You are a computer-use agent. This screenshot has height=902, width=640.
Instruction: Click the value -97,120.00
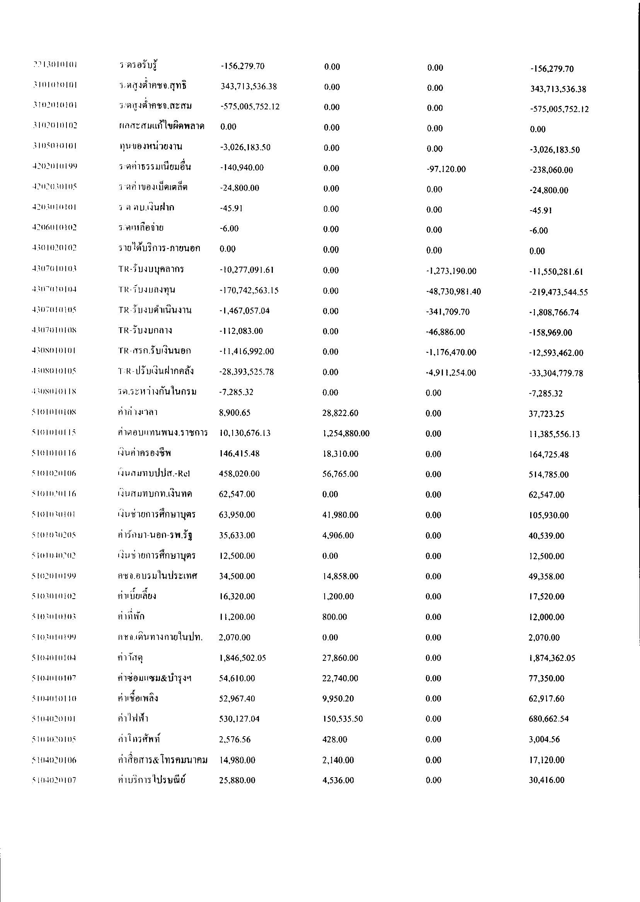pos(446,169)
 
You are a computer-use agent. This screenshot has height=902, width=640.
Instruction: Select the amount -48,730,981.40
pos(453,292)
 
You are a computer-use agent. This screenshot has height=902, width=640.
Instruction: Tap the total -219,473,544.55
pos(558,292)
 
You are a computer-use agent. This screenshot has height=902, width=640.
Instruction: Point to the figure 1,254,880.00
pos(346,434)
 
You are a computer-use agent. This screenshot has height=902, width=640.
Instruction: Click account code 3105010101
pos(54,146)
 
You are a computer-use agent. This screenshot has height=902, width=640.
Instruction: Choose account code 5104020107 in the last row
pos(54,779)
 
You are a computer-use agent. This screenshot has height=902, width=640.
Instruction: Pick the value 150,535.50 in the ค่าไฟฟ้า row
pos(342,719)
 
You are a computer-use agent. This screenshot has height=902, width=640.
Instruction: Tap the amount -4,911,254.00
pos(451,373)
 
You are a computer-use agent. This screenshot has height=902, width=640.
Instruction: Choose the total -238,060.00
pos(551,170)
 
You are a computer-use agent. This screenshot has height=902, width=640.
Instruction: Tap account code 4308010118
pos(54,392)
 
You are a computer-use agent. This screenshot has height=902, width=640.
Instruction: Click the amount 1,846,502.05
pos(242,658)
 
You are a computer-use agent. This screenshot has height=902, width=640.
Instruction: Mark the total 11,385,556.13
pos(554,434)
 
